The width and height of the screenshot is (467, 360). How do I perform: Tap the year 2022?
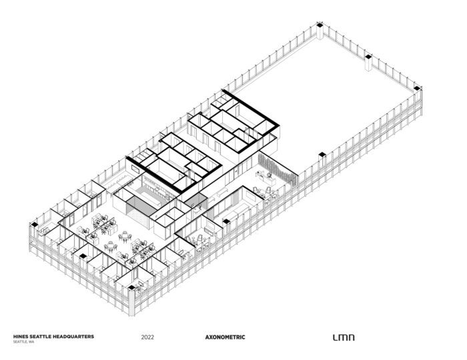148,337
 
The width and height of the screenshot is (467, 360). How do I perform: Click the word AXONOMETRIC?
225,337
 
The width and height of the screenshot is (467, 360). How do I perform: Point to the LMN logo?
344,337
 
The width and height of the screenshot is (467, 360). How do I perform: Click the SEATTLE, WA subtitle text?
23,342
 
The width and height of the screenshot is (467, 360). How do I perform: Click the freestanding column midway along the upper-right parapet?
367,63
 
